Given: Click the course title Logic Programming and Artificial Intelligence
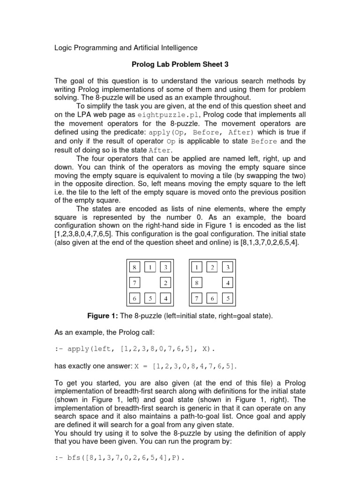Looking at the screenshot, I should pos(126,48).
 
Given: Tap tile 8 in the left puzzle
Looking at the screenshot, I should pos(135,267).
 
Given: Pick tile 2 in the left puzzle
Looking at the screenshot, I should pos(166,283).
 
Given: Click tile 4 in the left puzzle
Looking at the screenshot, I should pos(166,298).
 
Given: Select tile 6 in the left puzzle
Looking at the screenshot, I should pos(135,298).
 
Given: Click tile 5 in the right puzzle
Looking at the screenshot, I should pos(228,298).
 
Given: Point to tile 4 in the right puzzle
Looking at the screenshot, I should pos(228,283).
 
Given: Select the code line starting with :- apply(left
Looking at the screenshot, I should pos(135,349).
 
